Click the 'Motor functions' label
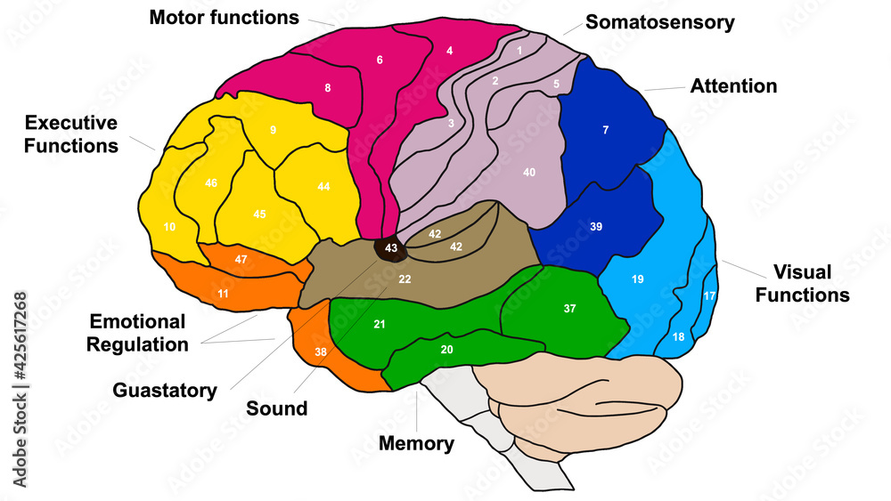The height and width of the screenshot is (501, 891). pos(225,17)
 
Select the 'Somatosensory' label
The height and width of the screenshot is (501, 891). pos(660,22)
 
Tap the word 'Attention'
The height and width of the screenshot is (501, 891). pos(733,86)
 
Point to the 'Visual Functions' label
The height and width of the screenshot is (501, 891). pos(802,283)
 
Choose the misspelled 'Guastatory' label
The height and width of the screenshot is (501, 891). pos(165,390)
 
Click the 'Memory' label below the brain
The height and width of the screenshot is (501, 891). pos(416,443)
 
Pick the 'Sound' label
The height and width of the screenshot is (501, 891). pos(277,408)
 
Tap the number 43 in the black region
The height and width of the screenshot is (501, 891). pos(391,247)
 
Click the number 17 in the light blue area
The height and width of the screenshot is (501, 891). pos(709,295)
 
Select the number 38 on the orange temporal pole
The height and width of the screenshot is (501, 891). pos(320,352)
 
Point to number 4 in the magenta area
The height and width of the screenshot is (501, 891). pos(450,51)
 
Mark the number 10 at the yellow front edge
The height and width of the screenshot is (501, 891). pos(169,227)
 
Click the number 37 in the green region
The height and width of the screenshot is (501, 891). pos(570,309)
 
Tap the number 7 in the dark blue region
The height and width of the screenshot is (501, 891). pos(606,131)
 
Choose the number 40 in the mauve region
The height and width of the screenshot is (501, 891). pos(529,172)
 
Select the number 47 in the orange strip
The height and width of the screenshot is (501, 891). pos(241,259)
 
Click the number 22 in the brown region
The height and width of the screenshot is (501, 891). pos(405,279)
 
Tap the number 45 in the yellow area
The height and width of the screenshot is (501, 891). pos(259,214)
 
